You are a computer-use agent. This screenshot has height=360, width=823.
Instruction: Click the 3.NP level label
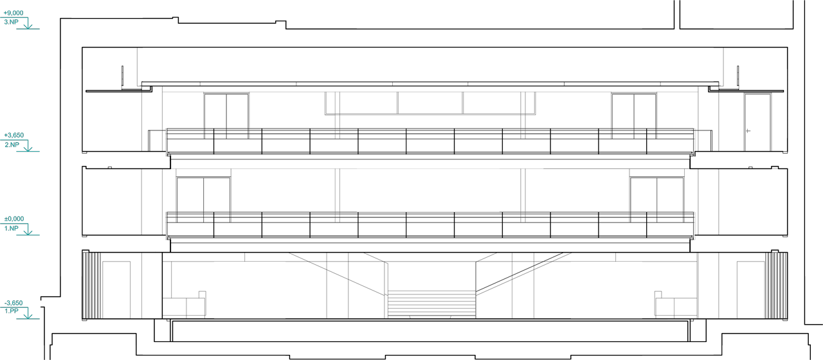click(12, 22)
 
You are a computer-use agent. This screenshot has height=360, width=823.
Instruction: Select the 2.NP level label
click(12, 145)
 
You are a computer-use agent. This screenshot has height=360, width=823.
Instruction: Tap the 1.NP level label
click(12, 228)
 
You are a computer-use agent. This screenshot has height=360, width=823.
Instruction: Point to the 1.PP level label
click(12, 311)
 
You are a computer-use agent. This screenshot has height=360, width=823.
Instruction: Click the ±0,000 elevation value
click(14, 219)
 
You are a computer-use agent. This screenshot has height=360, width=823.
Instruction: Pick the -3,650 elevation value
click(14, 302)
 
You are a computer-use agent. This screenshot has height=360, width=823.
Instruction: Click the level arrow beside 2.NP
click(28, 146)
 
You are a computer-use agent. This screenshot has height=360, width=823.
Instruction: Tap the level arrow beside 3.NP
click(28, 24)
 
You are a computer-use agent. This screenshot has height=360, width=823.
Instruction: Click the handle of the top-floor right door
click(748, 130)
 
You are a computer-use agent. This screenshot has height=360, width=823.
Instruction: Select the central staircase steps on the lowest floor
click(431, 304)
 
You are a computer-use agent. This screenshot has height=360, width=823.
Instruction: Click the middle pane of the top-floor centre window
click(430, 103)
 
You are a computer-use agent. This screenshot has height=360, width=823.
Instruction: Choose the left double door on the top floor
click(226, 116)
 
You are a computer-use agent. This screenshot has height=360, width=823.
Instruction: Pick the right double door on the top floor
click(634, 116)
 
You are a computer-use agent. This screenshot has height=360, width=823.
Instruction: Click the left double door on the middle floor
click(203, 199)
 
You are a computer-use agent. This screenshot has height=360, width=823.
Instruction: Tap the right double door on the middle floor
click(656, 199)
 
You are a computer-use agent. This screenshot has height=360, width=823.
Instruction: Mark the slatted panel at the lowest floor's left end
click(92, 285)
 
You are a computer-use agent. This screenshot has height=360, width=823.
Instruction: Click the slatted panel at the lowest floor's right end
click(775, 285)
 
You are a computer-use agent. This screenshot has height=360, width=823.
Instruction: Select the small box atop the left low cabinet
click(202, 294)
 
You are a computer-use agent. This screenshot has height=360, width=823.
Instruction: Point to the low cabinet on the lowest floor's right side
click(675, 307)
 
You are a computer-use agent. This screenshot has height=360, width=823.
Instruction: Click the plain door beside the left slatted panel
click(116, 289)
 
